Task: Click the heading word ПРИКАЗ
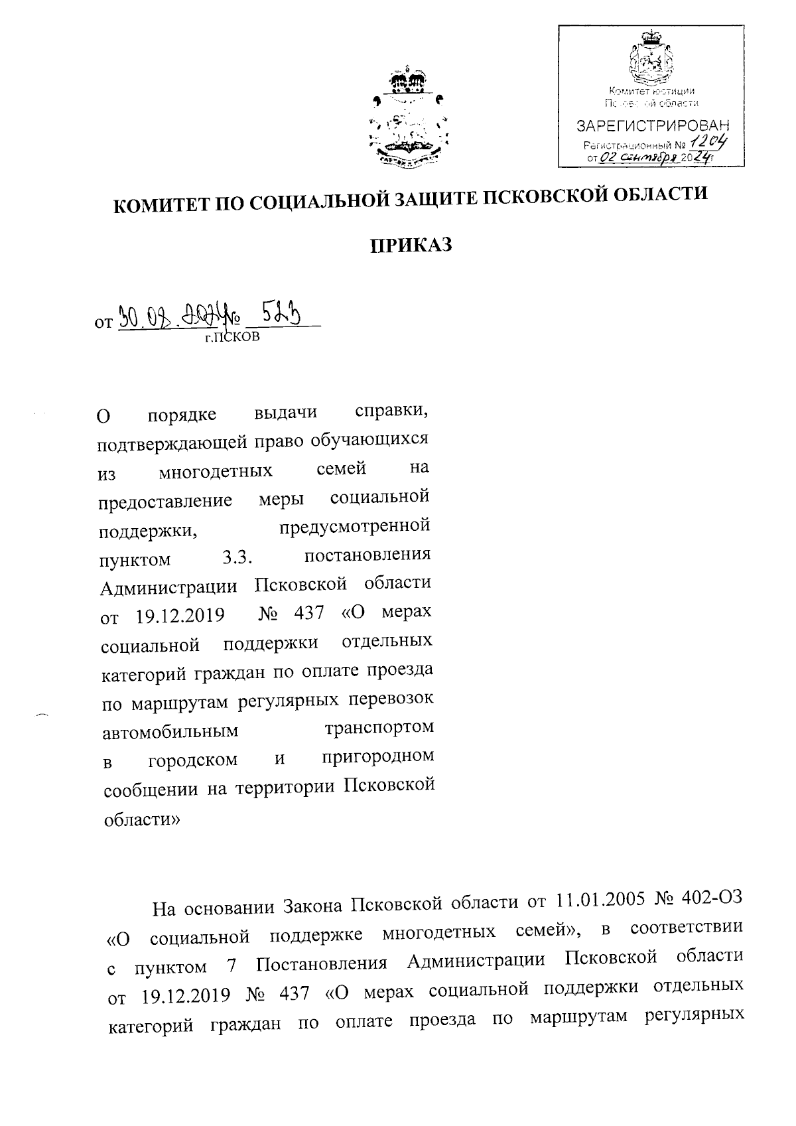click(411, 246)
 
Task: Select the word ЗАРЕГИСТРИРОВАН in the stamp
click(651, 125)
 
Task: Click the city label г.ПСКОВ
click(232, 338)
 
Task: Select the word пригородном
click(378, 756)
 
